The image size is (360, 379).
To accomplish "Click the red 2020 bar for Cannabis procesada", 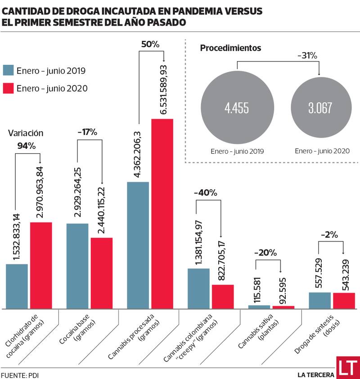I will [x=162, y=214].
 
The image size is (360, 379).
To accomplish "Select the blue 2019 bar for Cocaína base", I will [x=77, y=266].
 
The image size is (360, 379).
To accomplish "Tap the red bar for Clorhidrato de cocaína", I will [x=41, y=265].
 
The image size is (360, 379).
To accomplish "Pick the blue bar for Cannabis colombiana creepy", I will [x=198, y=288].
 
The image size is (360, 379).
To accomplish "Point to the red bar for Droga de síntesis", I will [x=344, y=300].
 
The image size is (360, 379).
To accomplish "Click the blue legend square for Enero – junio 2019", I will [x=9, y=71].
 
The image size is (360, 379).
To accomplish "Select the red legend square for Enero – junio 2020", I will [x=9, y=88].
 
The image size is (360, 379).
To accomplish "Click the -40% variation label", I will [x=205, y=193].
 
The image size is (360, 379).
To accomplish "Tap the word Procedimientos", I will [x=231, y=48].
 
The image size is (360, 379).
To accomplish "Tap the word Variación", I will [x=26, y=133].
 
